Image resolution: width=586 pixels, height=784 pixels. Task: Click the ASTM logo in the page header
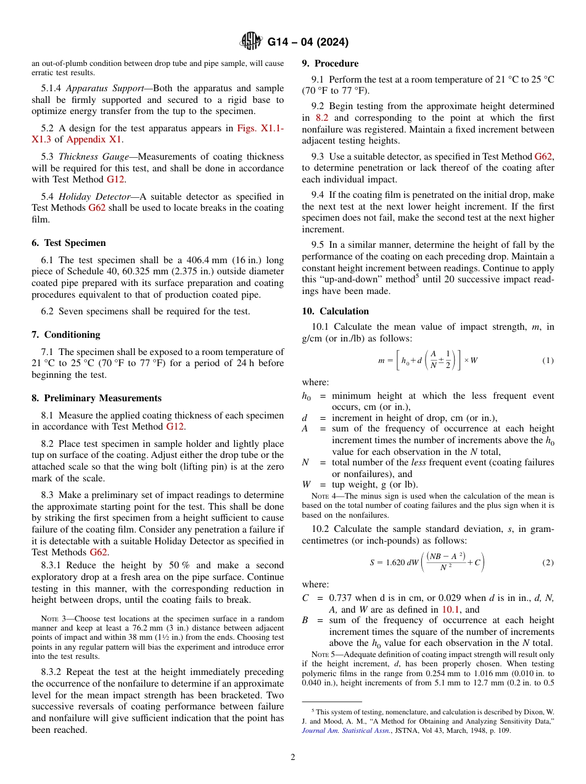251,42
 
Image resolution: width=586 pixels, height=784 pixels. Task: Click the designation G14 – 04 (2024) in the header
308,43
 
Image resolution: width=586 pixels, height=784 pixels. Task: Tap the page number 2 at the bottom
293,757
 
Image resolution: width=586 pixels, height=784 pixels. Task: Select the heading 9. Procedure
330,63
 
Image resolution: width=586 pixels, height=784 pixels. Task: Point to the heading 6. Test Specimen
68,243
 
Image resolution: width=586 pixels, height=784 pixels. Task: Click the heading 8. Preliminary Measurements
96,398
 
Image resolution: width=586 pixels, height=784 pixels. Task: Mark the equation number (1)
548,360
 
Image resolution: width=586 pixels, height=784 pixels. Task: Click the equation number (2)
548,563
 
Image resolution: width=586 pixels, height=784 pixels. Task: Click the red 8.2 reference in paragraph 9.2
323,118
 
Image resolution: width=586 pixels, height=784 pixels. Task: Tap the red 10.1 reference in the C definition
450,609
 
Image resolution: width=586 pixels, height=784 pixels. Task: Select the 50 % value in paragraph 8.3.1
178,565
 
